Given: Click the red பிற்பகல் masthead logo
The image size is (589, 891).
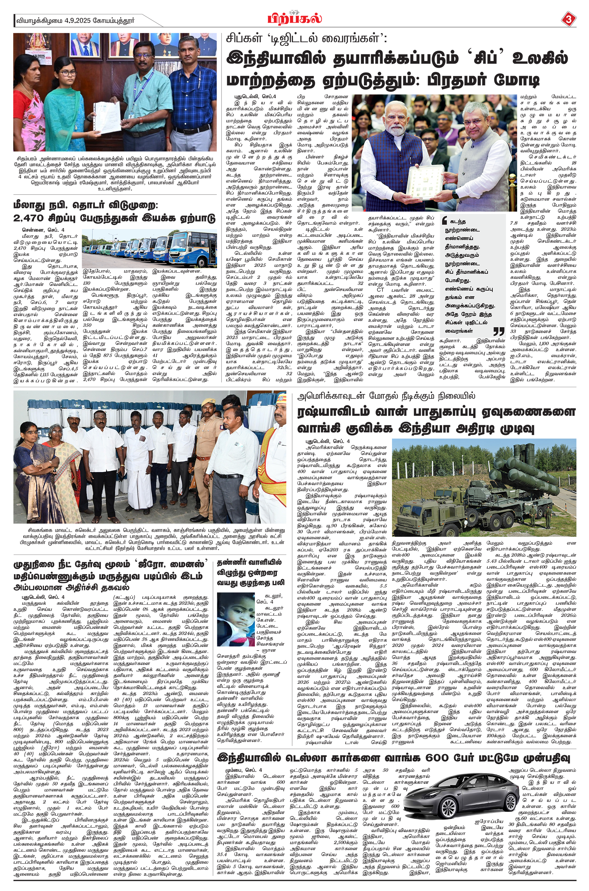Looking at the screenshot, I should (294, 18).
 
